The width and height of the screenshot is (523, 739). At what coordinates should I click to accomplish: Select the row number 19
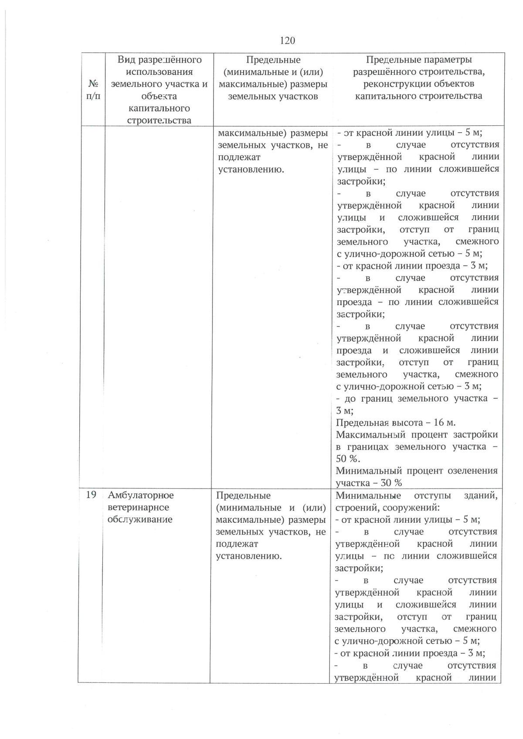pyautogui.click(x=91, y=495)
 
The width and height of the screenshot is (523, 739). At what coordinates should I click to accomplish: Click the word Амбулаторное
pyautogui.click(x=141, y=495)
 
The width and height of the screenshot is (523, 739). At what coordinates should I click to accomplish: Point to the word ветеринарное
pyautogui.click(x=138, y=507)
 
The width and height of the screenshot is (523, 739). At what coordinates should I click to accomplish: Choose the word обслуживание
pyautogui.click(x=140, y=519)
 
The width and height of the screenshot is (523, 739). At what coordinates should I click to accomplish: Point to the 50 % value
pyautogui.click(x=347, y=459)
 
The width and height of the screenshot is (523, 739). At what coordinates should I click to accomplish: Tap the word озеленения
pyautogui.click(x=473, y=470)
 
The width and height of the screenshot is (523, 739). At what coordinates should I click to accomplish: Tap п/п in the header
pyautogui.click(x=93, y=96)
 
